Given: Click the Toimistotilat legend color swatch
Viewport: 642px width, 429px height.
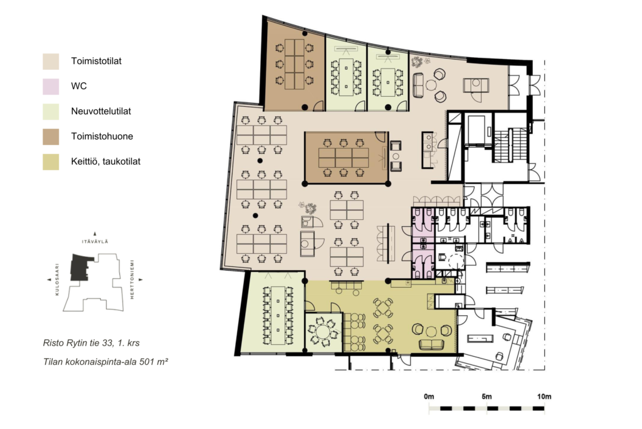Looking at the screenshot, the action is pos(51,61).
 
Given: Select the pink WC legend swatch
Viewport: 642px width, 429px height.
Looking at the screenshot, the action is pos(51,86).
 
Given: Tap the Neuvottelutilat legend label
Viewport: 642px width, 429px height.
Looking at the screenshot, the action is pos(101,111).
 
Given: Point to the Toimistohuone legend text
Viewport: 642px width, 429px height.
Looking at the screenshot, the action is pos(102,136).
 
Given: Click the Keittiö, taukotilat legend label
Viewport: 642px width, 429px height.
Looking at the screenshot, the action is pos(105,161).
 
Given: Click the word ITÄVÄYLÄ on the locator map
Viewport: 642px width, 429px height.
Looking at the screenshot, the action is pos(95,242).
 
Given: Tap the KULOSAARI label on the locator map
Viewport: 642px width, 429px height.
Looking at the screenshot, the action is pos(57,280).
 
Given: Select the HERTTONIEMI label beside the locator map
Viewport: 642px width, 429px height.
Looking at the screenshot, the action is pos(132,280).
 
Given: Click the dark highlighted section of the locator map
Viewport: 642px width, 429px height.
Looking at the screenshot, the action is pos(80,267).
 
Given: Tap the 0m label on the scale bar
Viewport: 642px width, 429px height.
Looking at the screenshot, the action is pos(429,396).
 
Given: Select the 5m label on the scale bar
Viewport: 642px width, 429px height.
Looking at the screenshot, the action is pos(487,396).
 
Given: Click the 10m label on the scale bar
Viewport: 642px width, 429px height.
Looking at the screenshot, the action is pos(544,396).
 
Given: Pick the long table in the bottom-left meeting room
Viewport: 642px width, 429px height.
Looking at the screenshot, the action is pos(278,315).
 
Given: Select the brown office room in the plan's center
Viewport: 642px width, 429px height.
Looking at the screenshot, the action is pos(346,158).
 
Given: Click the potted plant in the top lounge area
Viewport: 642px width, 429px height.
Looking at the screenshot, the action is pos(417,62).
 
